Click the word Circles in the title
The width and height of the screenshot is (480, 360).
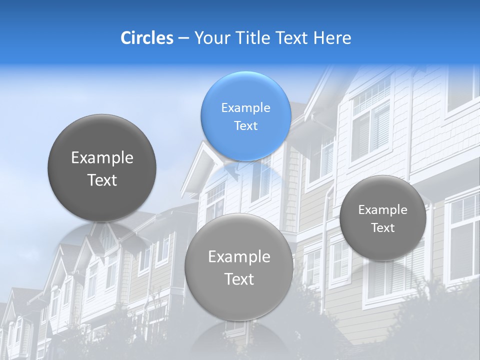click(146, 38)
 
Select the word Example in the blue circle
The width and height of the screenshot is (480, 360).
click(245, 108)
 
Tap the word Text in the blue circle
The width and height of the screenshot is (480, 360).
click(245, 126)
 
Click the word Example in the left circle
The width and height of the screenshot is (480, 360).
click(102, 158)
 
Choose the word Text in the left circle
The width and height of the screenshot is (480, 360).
click(102, 180)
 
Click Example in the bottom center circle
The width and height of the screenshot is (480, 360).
click(239, 257)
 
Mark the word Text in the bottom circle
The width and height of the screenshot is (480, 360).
click(239, 279)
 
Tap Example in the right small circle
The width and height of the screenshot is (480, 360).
click(383, 210)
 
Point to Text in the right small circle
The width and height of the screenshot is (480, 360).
click(383, 228)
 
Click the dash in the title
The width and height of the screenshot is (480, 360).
click(183, 38)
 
